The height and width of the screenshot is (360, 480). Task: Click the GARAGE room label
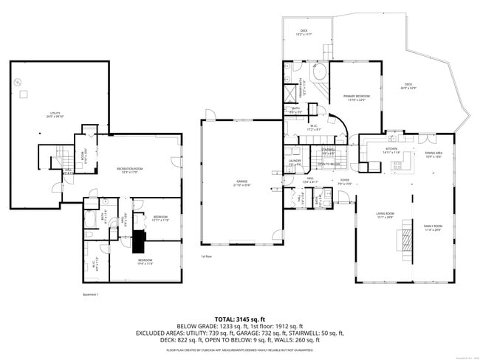[241, 183]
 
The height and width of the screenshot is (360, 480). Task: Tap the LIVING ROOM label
[385, 215]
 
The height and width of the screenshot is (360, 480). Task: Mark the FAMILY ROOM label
[433, 227]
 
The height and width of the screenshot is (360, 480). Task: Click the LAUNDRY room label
[295, 162]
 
